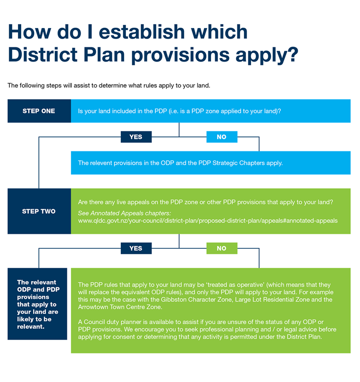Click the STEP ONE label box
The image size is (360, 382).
(x=39, y=111)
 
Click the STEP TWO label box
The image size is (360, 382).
(x=39, y=211)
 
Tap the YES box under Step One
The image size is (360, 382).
(x=136, y=137)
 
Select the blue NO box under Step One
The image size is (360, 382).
(x=222, y=137)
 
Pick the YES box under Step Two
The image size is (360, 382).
(x=136, y=248)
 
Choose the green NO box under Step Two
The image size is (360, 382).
(x=222, y=248)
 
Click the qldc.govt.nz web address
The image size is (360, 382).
(x=208, y=221)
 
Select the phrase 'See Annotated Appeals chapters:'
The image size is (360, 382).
(x=124, y=213)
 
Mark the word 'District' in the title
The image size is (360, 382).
(x=43, y=54)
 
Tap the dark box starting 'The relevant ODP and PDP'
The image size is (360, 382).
(x=37, y=304)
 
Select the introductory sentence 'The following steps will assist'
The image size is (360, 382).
(x=109, y=86)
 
